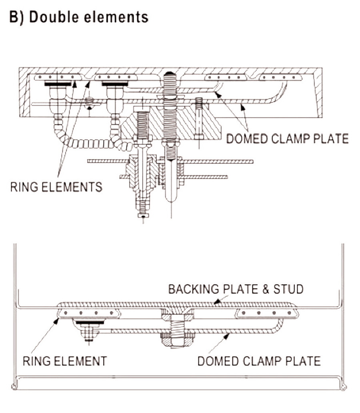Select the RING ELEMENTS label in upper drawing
[x=56, y=187]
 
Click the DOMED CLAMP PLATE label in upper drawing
[x=287, y=139]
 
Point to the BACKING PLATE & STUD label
[x=236, y=289]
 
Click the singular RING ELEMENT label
[x=64, y=361]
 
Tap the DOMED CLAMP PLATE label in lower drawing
[x=259, y=361]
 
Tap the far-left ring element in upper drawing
[x=56, y=77]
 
